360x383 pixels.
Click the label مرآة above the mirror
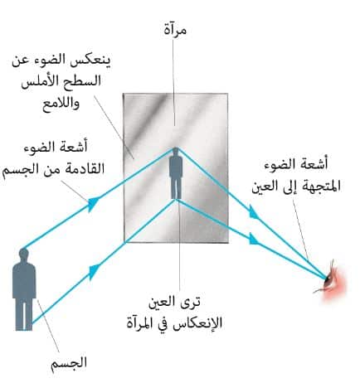point(175,30)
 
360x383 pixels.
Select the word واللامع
point(61,104)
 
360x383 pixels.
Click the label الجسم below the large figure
point(69,362)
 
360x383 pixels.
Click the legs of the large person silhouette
point(24,314)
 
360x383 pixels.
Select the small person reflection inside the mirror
point(176,173)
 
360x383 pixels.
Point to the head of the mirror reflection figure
point(176,151)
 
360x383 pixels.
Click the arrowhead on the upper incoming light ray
point(94,204)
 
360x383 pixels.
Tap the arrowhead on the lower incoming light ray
point(95,270)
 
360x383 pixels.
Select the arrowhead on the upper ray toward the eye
point(254,212)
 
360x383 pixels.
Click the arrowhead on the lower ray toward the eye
point(254,240)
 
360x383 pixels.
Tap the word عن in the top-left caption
point(20,61)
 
